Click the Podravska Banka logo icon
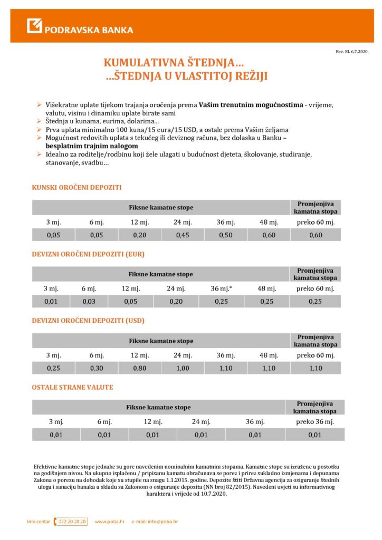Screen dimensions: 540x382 (35, 26)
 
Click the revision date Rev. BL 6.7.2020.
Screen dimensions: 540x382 (351, 52)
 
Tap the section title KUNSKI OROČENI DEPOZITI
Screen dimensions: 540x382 (77, 187)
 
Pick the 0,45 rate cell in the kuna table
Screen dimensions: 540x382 (182, 235)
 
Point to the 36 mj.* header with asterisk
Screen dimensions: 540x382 (222, 288)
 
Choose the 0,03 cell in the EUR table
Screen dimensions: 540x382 (89, 302)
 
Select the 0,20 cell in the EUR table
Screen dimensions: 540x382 (176, 302)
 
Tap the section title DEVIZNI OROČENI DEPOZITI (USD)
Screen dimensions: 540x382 (88, 321)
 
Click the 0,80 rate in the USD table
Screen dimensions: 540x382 (140, 368)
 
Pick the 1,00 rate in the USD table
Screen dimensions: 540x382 (183, 368)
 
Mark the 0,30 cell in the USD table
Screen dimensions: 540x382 (97, 368)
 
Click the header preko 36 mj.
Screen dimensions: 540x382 (314, 422)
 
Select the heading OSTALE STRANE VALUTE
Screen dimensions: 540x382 (72, 388)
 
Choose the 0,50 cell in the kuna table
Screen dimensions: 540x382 (225, 235)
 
